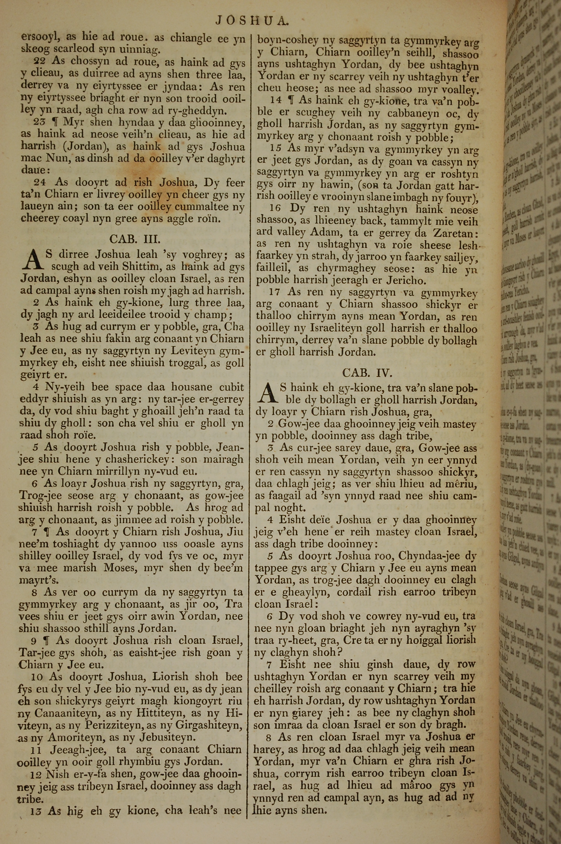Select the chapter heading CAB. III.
132,239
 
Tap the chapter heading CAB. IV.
367,373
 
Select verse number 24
40,182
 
